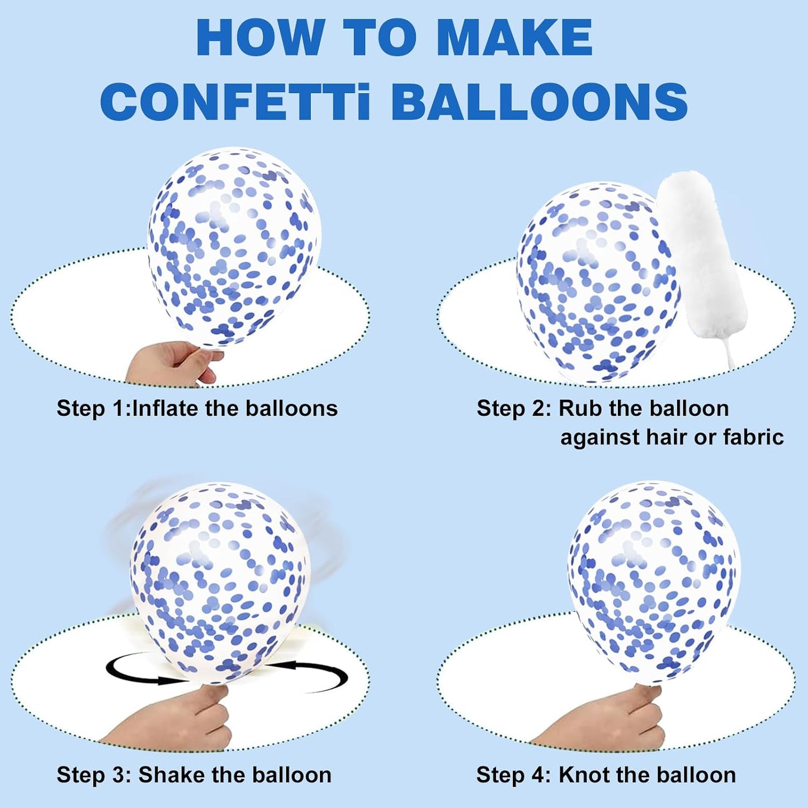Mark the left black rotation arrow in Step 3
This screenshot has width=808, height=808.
click(143, 672)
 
